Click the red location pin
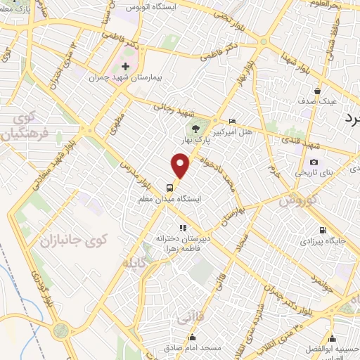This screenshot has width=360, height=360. point(181,166)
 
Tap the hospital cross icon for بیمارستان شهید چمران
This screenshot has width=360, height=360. point(126,67)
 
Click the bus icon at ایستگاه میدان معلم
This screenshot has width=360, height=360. point(169,188)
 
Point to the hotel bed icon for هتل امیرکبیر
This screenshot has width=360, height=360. point(233,121)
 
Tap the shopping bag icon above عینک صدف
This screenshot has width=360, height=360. point(318,91)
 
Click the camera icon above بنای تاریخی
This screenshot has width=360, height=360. point(314,162)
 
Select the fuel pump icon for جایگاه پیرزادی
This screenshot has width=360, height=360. point(323,230)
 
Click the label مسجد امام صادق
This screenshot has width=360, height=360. point(195,348)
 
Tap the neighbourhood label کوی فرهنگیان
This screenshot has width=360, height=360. point(26,125)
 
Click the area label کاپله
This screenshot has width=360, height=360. point(138,264)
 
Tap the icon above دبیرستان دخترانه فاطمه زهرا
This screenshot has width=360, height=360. point(183,228)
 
